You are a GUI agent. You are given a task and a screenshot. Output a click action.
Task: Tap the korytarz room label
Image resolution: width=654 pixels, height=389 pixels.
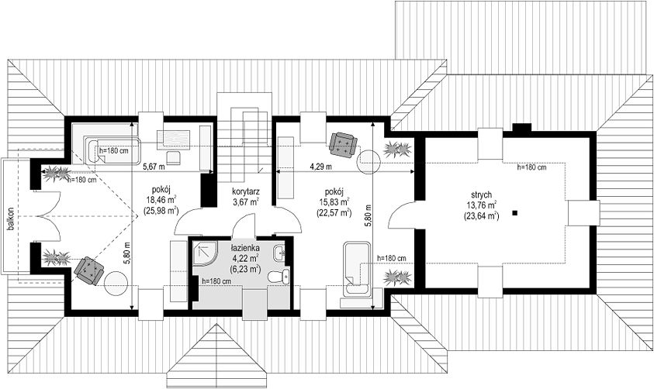(246, 192)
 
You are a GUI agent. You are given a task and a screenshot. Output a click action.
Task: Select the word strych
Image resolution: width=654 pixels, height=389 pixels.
(481, 194)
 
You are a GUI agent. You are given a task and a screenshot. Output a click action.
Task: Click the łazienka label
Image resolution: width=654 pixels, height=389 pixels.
(245, 248)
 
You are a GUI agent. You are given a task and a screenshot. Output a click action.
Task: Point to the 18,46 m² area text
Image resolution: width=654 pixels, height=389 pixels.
(161, 199)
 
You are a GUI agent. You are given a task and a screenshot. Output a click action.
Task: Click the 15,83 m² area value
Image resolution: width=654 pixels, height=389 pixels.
(334, 202)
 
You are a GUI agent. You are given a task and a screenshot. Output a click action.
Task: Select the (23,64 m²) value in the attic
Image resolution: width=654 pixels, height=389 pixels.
(481, 215)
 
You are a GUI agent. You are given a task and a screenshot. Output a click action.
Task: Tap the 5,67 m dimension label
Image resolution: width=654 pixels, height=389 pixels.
(154, 167)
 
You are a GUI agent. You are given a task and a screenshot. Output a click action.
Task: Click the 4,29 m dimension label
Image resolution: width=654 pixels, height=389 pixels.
(320, 167)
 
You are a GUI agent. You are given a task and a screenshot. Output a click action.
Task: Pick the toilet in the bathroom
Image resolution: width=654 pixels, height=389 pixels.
(279, 277)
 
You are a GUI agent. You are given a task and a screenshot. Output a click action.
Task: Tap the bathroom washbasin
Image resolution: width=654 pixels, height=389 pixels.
(280, 252)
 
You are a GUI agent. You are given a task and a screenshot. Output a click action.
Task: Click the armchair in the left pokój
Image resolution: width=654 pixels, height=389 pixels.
(89, 270)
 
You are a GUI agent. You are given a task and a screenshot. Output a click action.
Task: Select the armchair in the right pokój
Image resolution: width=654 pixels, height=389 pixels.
(343, 143)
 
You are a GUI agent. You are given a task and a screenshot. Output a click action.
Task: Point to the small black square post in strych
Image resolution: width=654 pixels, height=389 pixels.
(515, 213)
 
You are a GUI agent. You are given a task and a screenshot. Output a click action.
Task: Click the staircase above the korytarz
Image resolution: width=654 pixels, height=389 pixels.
(244, 143)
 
